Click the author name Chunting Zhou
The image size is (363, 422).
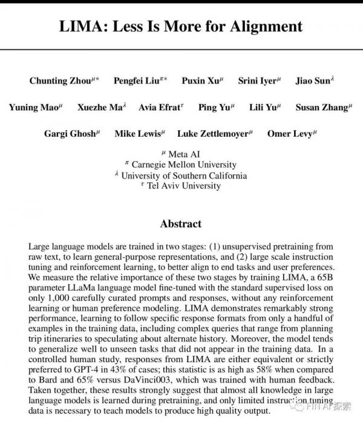59,81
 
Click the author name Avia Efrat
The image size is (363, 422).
160,107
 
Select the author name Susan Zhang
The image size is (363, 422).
321,107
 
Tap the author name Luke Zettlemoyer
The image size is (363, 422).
213,134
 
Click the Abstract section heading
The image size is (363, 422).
181,224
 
